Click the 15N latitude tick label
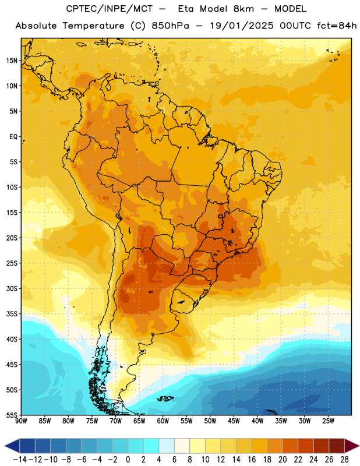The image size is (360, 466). (x=12, y=61)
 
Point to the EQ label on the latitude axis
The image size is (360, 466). (x=13, y=137)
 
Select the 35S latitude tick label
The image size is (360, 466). (x=12, y=314)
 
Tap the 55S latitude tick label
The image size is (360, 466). (x=12, y=415)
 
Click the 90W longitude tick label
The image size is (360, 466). (x=21, y=421)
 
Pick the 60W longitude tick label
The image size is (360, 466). (x=163, y=421)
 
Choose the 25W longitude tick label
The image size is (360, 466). (x=328, y=421)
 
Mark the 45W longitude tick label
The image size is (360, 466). (x=234, y=421)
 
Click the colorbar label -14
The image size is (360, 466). (x=20, y=460)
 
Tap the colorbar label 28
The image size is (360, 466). (x=344, y=460)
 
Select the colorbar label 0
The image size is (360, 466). (x=128, y=460)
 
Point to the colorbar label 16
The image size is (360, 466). (x=252, y=460)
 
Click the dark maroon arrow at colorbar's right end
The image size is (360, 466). (x=351, y=446)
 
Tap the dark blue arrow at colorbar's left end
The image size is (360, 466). (x=12, y=446)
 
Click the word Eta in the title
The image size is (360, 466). (x=186, y=9)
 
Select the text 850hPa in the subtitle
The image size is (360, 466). (x=170, y=26)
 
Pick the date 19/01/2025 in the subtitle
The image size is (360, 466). (x=241, y=26)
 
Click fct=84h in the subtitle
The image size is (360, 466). (x=337, y=26)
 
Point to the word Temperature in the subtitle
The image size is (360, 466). (x=93, y=26)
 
